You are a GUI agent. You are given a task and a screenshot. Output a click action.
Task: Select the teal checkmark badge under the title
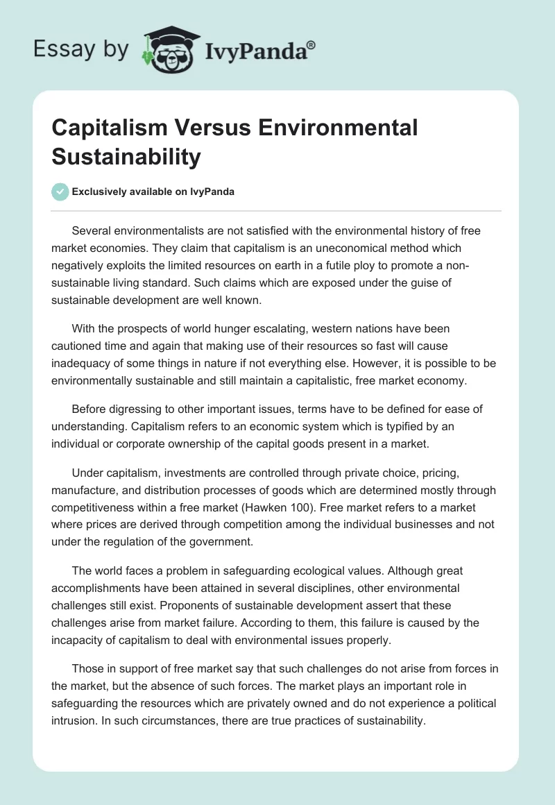pos(60,192)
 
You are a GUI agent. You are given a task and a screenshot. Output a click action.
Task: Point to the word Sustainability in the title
pos(126,156)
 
